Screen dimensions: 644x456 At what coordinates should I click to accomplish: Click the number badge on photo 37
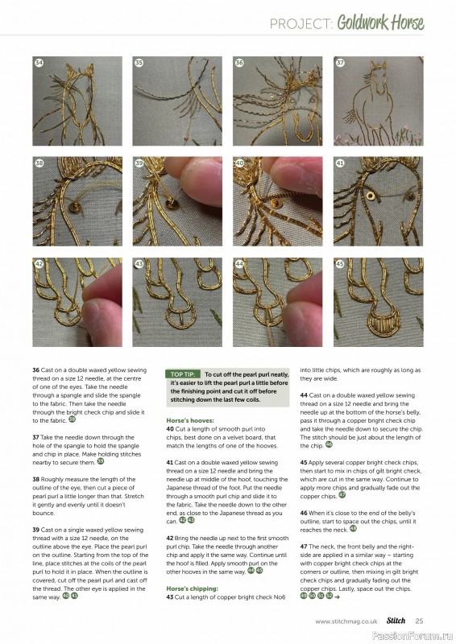(x=340, y=63)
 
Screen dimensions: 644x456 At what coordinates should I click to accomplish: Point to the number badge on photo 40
(x=239, y=163)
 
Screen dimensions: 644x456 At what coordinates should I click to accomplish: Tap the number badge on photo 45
(x=340, y=263)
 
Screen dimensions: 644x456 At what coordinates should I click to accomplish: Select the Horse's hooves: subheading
(x=189, y=419)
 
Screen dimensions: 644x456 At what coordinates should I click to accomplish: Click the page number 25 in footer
(x=419, y=621)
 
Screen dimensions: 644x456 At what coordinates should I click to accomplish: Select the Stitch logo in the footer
(x=395, y=621)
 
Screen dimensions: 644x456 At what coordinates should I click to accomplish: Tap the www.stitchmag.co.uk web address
(x=346, y=621)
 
